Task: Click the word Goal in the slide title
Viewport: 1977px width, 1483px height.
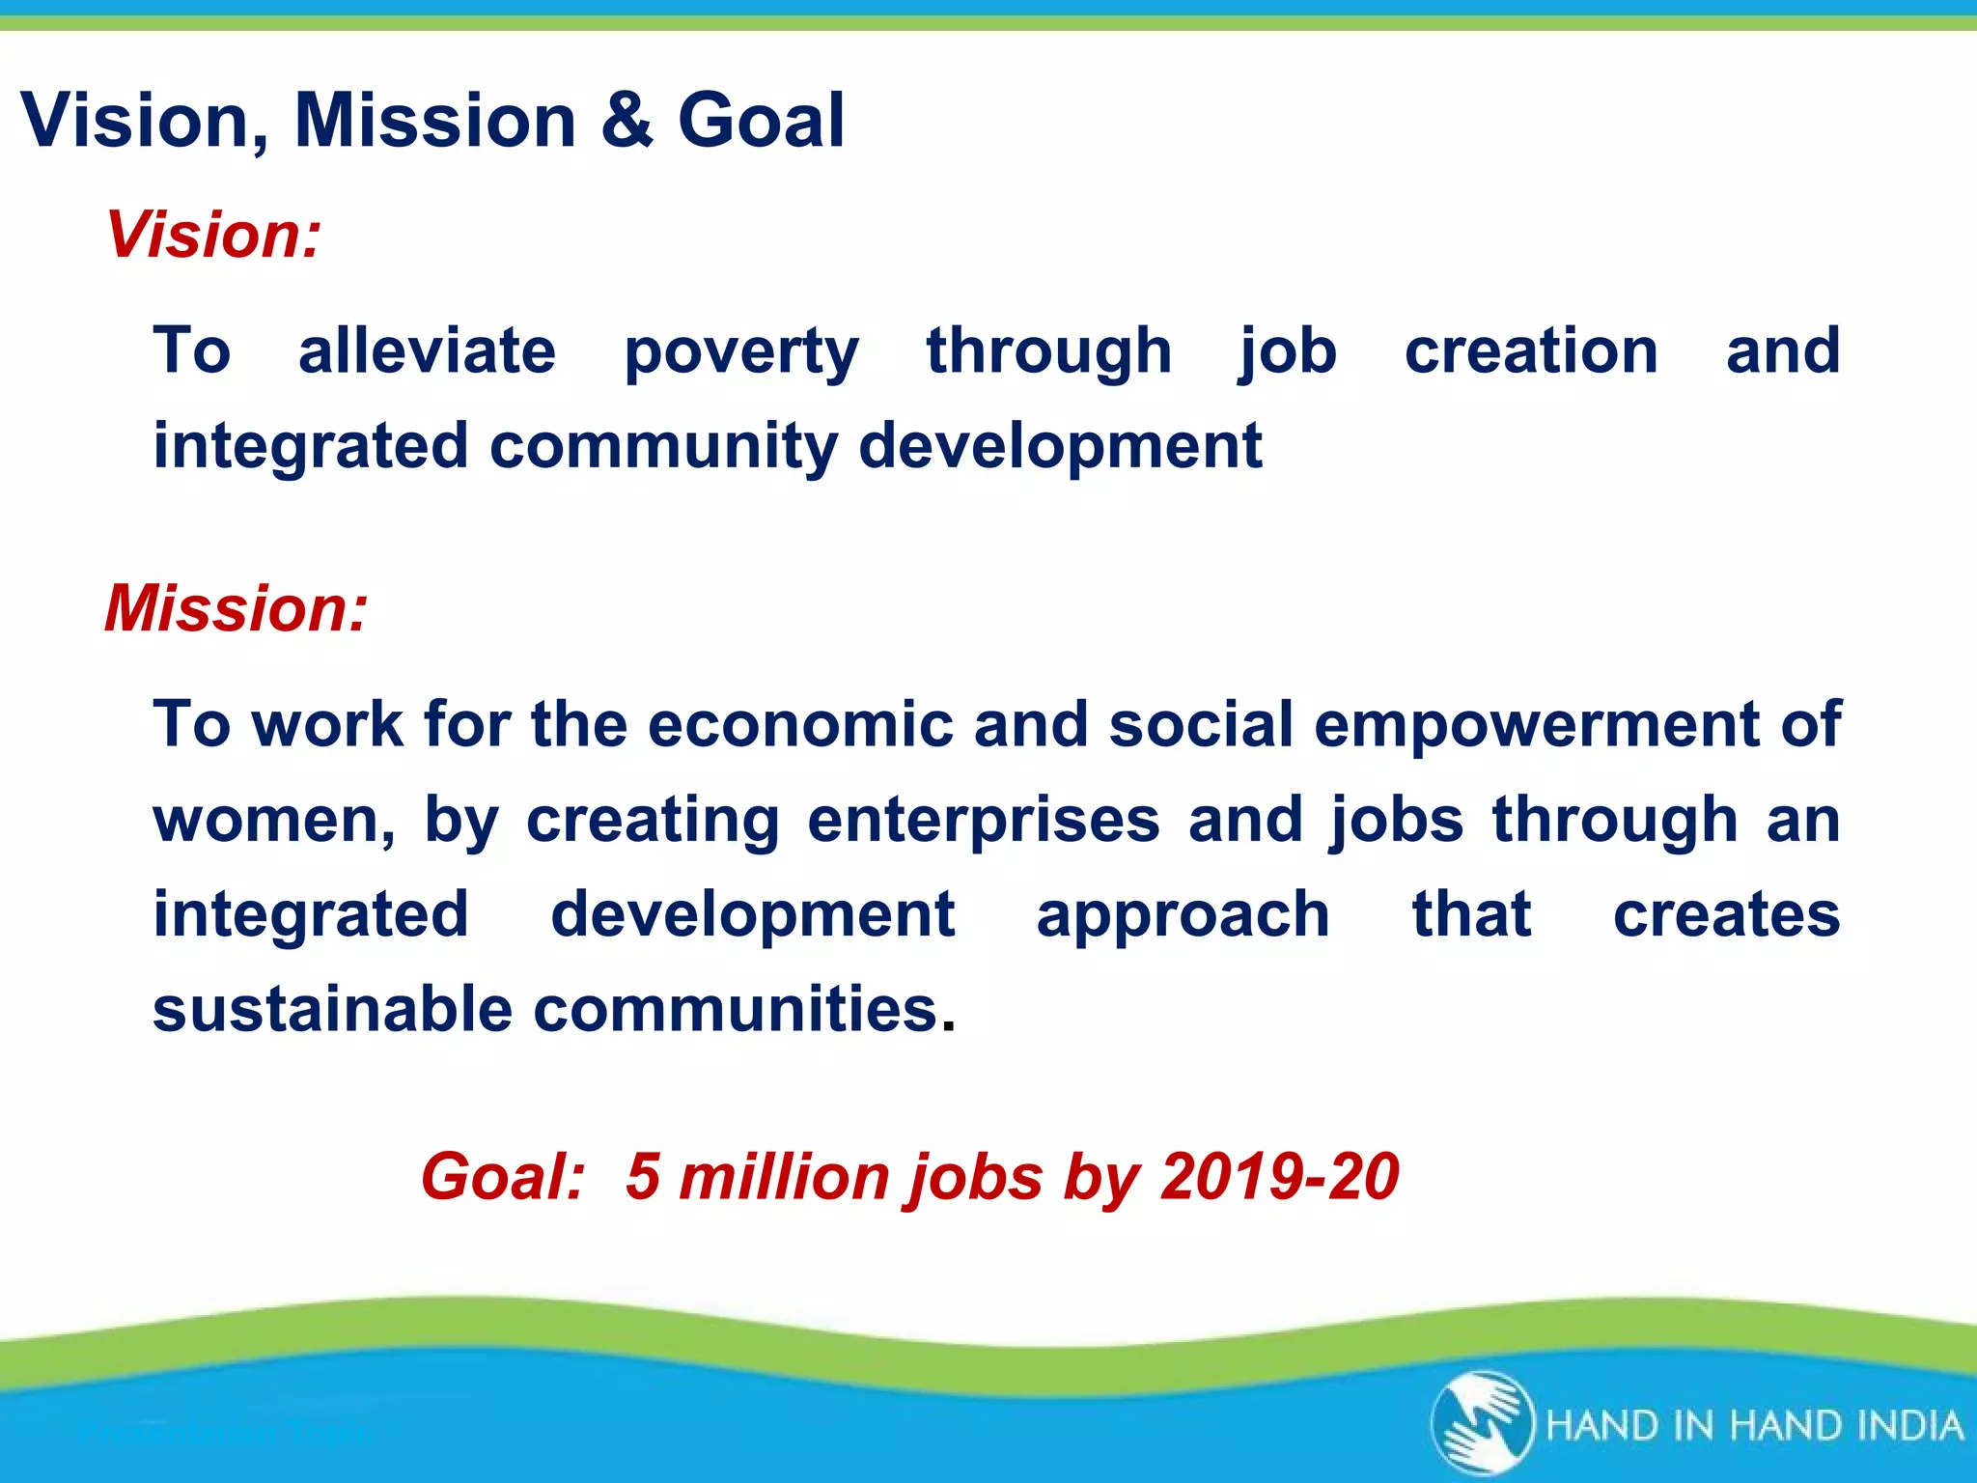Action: [x=761, y=121]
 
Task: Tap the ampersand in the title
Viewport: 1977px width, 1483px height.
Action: [x=627, y=121]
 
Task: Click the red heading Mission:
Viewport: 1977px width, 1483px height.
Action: [x=237, y=608]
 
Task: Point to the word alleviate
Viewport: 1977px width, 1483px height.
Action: [x=427, y=350]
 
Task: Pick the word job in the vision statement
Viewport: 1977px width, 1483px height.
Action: [x=1288, y=351]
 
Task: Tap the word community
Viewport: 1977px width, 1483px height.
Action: [x=664, y=448]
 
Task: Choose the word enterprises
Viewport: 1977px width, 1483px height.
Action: [x=984, y=821]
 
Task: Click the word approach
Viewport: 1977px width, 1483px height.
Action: [x=1183, y=916]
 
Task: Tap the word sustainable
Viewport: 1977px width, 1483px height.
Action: [x=332, y=1010]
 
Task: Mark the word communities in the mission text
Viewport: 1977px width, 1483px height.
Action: [x=736, y=1010]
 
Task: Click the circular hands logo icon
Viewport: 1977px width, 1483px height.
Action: [x=1482, y=1423]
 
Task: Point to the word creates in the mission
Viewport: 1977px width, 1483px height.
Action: [x=1726, y=915]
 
